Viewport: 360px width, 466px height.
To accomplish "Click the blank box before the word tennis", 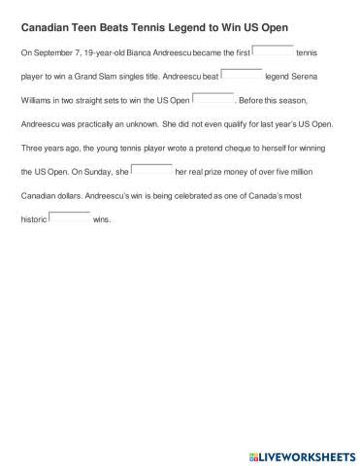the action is click(272, 50).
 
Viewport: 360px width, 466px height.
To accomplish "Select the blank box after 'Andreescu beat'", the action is click(242, 73).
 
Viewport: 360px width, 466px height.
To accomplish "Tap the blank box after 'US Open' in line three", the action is click(213, 97).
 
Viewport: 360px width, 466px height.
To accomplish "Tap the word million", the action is click(317, 173).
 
